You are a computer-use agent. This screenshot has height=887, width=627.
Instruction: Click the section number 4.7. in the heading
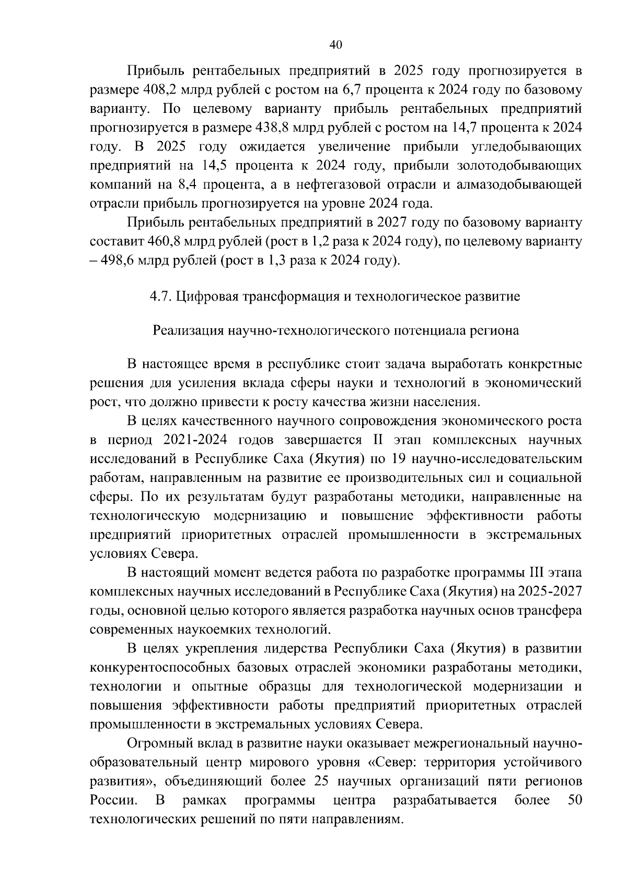tap(161, 297)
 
